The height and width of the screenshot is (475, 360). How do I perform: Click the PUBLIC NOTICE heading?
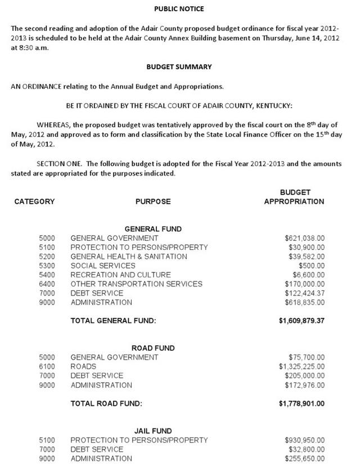point(179,9)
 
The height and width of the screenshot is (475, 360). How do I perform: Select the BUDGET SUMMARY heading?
point(179,66)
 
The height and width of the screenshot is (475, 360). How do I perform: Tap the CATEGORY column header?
point(34,201)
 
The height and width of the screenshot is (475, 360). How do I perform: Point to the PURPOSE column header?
point(152,201)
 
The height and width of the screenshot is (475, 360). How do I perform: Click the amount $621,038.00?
point(304,238)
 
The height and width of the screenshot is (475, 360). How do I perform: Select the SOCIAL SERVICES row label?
point(103,266)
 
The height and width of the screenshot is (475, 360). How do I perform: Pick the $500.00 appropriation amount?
point(312,266)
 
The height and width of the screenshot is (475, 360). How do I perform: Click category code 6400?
point(47,284)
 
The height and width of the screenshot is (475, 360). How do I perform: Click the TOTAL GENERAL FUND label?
point(113,321)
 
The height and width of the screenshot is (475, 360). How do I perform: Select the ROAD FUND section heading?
point(153,348)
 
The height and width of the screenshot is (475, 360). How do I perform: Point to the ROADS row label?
point(83,366)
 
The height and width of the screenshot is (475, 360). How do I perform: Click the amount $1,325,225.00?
point(301,366)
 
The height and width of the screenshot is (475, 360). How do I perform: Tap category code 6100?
point(47,366)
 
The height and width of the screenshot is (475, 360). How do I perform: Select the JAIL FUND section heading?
point(153,431)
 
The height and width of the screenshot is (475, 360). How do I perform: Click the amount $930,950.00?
point(304,440)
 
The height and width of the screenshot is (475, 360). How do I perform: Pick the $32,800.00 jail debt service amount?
point(307,449)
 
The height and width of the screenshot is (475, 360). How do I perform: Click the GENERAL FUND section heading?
point(153,229)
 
